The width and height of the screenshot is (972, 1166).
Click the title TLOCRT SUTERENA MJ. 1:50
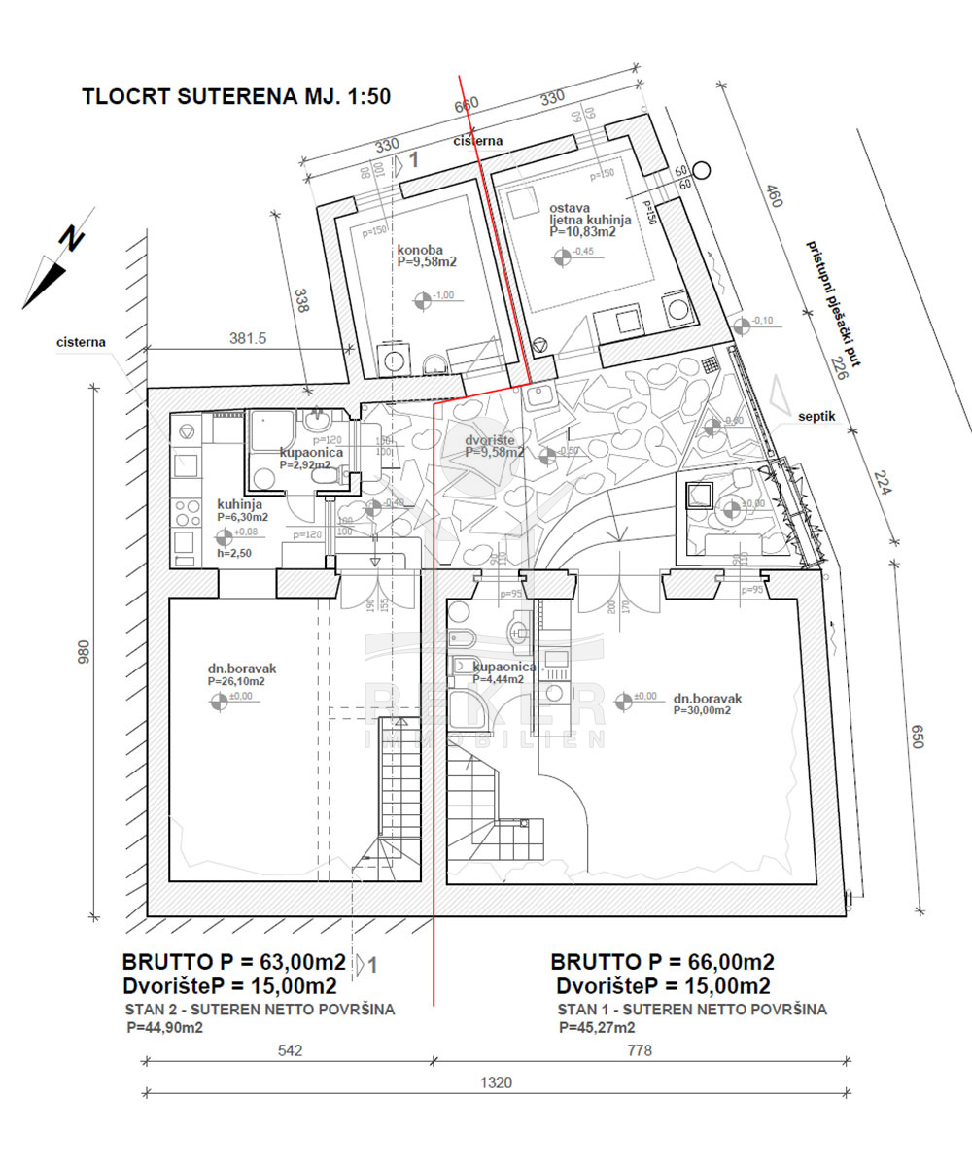(237, 97)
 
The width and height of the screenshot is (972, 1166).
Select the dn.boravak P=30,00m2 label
(707, 703)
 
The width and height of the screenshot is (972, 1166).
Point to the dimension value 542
(290, 1050)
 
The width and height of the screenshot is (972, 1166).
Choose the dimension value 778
(639, 1050)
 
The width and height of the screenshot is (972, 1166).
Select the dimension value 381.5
(248, 339)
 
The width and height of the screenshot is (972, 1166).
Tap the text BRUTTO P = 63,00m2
(233, 963)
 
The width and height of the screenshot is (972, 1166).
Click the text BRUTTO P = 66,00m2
(662, 963)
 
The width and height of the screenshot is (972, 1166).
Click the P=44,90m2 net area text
(165, 1027)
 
